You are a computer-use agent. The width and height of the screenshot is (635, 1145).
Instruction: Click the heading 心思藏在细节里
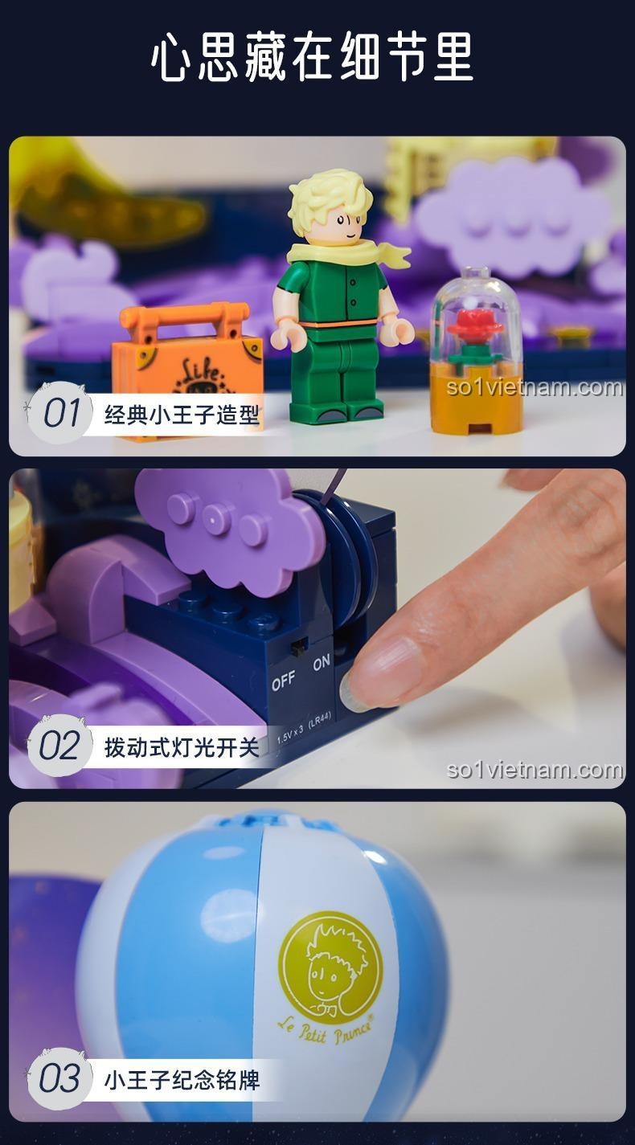pos(313,58)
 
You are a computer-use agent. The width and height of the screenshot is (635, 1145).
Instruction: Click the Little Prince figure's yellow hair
pos(330,198)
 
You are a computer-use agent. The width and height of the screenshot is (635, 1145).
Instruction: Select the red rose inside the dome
pos(475,325)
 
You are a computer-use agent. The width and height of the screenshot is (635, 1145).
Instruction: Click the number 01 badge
pos(59,413)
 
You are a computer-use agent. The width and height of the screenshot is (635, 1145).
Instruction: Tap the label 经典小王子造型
pos(182,415)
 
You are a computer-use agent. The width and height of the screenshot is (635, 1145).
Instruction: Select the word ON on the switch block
pos(322,663)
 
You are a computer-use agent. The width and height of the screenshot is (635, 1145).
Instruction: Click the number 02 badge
pos(59,746)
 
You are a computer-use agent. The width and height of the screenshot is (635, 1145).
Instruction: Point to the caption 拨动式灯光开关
pos(182,747)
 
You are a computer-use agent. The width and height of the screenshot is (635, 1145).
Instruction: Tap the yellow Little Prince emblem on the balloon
pos(330,967)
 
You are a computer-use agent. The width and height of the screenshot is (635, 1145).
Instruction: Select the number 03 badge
pos(59,1078)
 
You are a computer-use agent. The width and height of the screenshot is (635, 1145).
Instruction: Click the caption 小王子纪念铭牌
pos(182,1079)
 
